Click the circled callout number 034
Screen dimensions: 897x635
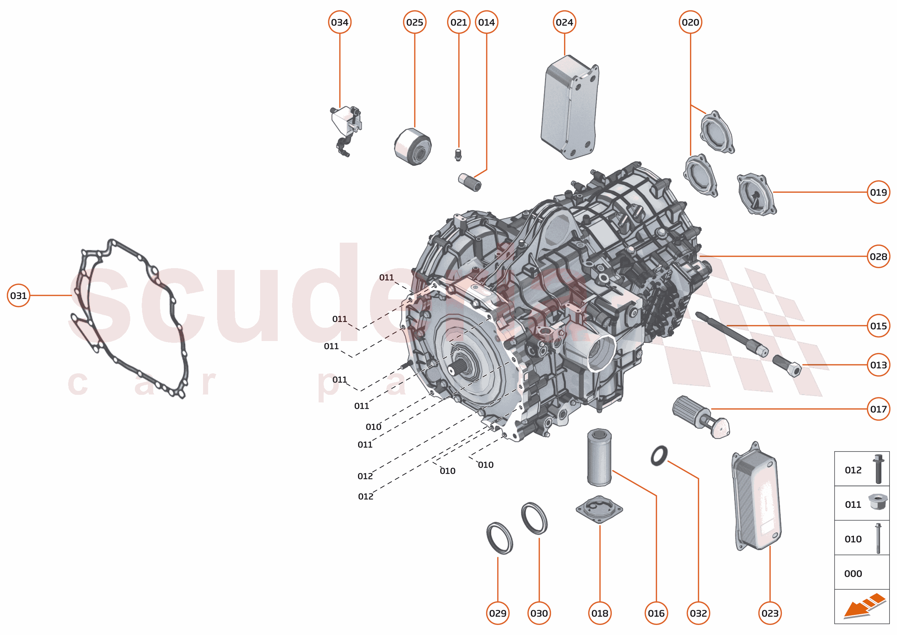tap(339, 22)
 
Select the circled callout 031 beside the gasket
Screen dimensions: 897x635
tap(18, 296)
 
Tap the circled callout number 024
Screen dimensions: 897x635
tap(564, 22)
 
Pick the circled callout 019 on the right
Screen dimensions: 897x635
tap(878, 192)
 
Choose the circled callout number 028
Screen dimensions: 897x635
tap(878, 257)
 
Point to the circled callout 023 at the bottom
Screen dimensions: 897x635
tap(770, 613)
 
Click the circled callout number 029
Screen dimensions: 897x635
tap(498, 613)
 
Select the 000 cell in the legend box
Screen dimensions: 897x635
tap(853, 574)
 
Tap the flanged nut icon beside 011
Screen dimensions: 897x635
tap(877, 502)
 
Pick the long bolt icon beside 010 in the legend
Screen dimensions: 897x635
tap(878, 538)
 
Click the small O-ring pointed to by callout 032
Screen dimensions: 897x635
tap(659, 456)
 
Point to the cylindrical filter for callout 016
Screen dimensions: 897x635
tap(599, 457)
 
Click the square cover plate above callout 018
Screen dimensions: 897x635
tap(599, 509)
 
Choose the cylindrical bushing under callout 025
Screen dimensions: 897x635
tap(413, 147)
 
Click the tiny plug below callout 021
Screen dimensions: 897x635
tap(459, 155)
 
